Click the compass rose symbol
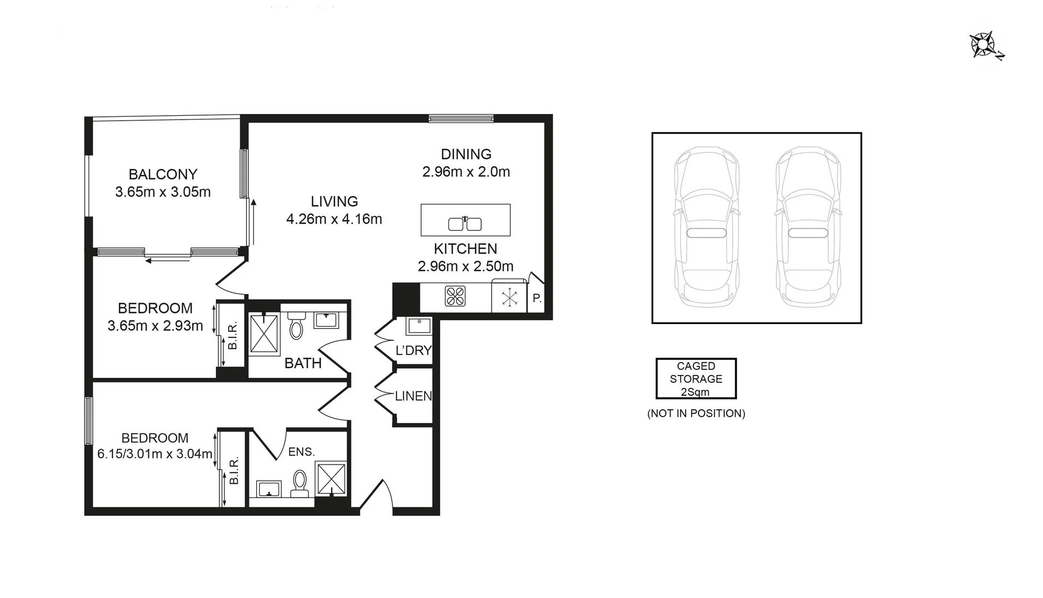coord(983,45)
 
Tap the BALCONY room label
coord(163,174)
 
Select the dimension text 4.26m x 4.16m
coord(334,219)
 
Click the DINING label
coord(466,154)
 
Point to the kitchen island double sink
coord(464,224)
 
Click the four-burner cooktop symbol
coord(455,297)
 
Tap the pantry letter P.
coord(536,298)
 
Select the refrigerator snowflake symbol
coord(509,298)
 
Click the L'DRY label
coord(413,350)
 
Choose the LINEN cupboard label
coord(413,396)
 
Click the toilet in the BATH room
coord(297,326)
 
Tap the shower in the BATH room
coord(264,333)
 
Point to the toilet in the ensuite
coord(300,483)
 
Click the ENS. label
coord(301,452)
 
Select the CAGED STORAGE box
coord(696,379)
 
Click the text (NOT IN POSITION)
coord(696,414)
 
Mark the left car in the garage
coord(706,227)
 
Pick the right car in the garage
coord(808,227)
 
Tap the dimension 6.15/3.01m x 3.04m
coord(155,455)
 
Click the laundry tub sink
coord(419,326)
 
